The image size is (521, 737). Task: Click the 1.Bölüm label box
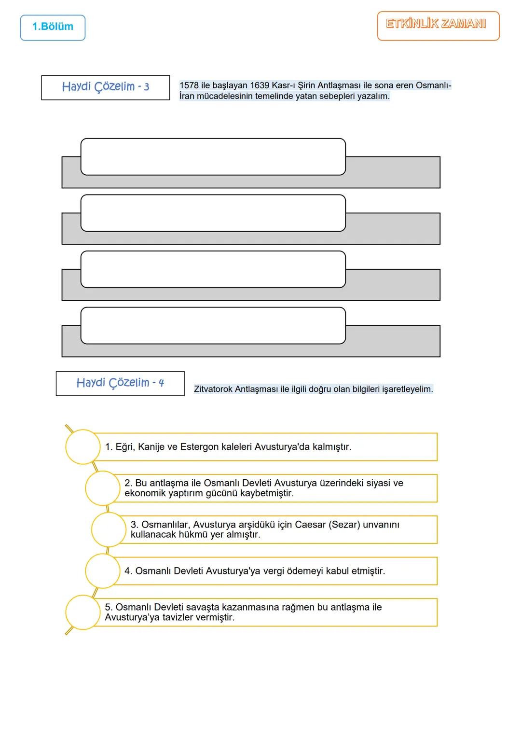(x=53, y=27)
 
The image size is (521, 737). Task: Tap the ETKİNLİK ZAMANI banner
(x=438, y=25)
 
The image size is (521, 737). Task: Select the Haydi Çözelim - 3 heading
(x=105, y=87)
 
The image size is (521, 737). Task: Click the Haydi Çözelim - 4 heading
(x=120, y=383)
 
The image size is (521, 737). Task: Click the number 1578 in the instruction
(x=189, y=85)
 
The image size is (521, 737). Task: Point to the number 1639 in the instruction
(x=260, y=85)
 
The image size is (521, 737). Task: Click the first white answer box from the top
(x=213, y=156)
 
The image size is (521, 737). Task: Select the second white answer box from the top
(x=213, y=213)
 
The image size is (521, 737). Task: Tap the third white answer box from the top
(x=213, y=269)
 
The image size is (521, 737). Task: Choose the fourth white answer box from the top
(x=213, y=325)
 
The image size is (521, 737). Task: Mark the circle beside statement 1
(x=83, y=447)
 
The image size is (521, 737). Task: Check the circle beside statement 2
(x=103, y=488)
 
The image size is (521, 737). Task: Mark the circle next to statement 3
(x=109, y=529)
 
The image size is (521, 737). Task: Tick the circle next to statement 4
(x=103, y=571)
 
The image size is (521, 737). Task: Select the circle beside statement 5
(x=83, y=612)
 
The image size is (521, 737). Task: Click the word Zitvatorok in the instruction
(x=213, y=389)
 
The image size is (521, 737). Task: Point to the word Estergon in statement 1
(x=199, y=447)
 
